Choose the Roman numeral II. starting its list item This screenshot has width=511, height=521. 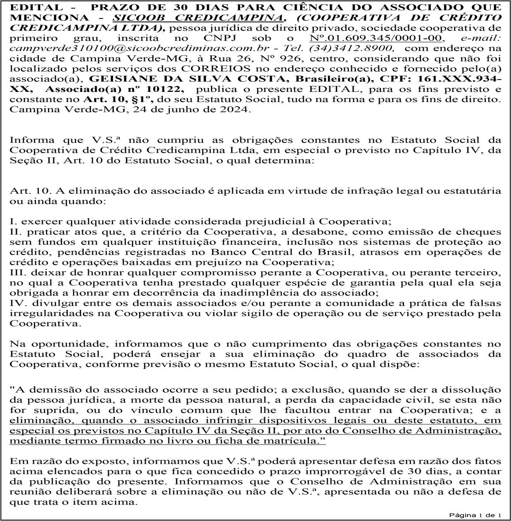[15, 232]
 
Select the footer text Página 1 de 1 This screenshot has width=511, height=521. [475, 514]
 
